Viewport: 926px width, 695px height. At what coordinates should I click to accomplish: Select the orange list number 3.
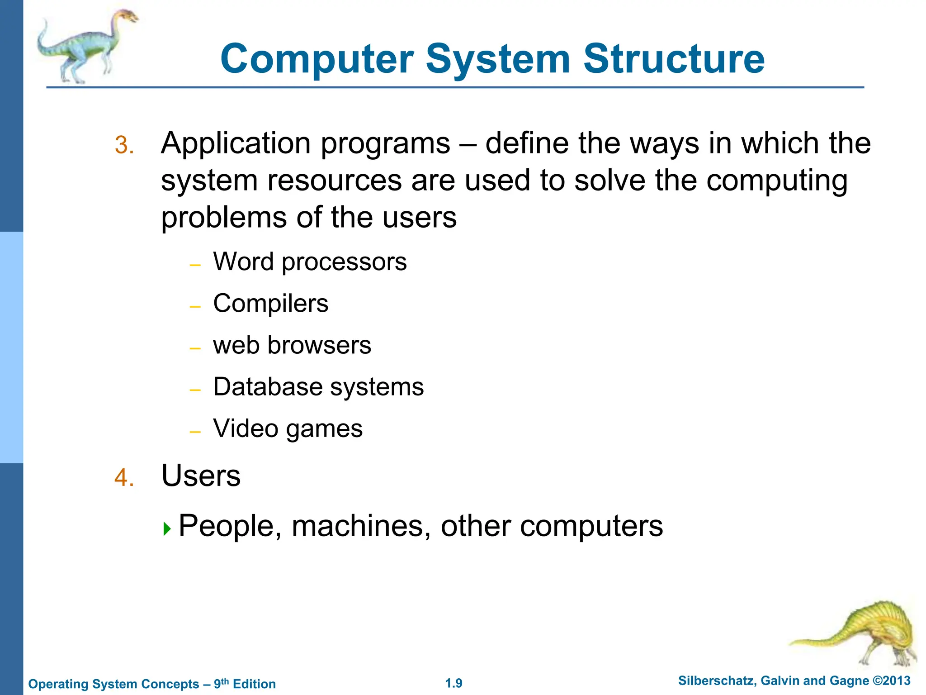[x=124, y=146]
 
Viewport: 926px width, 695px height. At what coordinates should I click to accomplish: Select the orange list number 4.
[x=124, y=478]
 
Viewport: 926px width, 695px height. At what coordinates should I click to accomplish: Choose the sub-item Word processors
[x=310, y=262]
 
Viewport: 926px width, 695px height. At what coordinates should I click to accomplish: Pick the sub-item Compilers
[x=270, y=304]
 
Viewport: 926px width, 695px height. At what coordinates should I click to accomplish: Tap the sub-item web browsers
[x=292, y=345]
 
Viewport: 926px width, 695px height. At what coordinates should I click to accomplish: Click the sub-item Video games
[x=288, y=428]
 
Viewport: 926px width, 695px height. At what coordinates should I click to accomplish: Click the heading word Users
[x=201, y=476]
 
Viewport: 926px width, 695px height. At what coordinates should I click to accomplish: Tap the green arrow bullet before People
[x=167, y=528]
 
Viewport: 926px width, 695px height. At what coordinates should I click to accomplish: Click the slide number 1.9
[x=454, y=683]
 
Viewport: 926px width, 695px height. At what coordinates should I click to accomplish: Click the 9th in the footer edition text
[x=221, y=683]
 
